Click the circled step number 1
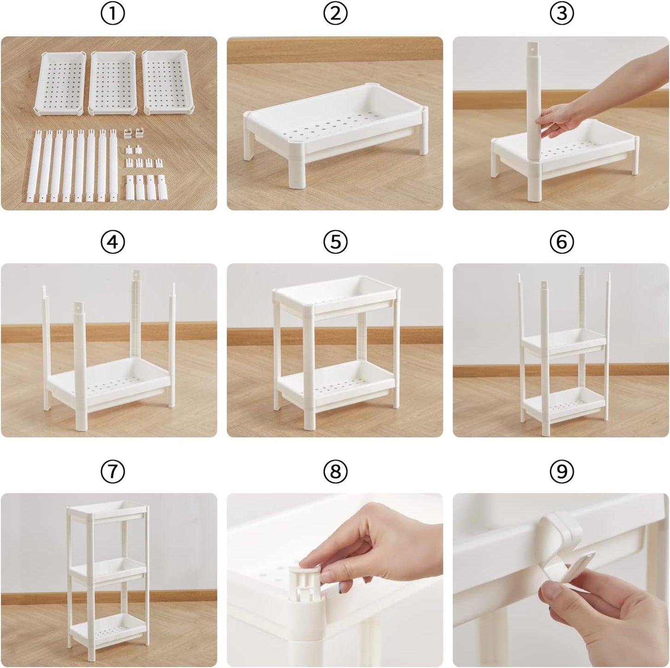pyautogui.click(x=113, y=14)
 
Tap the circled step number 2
pyautogui.click(x=335, y=14)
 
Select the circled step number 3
pyautogui.click(x=562, y=14)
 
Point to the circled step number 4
pyautogui.click(x=113, y=241)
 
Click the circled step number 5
pyautogui.click(x=335, y=241)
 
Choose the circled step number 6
pyautogui.click(x=562, y=241)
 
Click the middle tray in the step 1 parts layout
pyautogui.click(x=112, y=83)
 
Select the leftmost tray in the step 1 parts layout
pyautogui.click(x=60, y=83)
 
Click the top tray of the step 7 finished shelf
pyautogui.click(x=106, y=514)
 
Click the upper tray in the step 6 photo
pyautogui.click(x=564, y=342)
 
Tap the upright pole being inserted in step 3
pyautogui.click(x=533, y=121)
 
